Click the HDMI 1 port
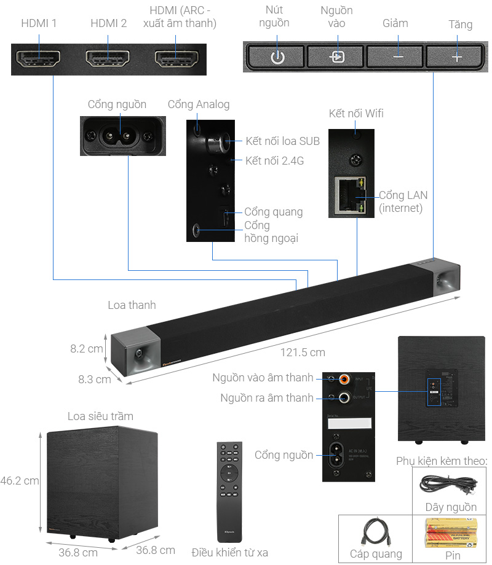click(38, 59)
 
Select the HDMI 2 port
click(107, 59)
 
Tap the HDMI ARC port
click(176, 59)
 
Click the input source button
click(336, 57)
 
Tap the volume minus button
click(397, 57)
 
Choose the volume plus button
click(456, 57)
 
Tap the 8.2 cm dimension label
click(87, 349)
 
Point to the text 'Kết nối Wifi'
click(356, 114)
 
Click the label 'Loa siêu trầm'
click(100, 416)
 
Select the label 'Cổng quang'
click(273, 212)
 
